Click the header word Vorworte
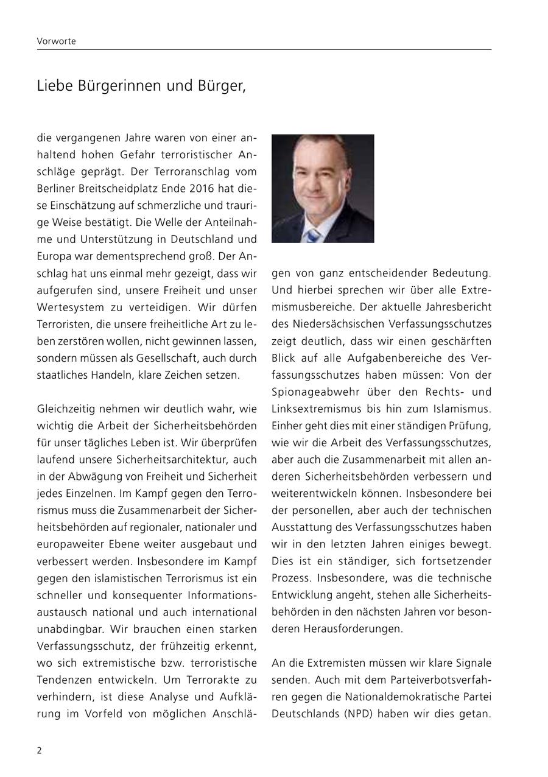56,41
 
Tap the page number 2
40,750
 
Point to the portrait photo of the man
323,188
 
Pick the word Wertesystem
69,307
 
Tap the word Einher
286,425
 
